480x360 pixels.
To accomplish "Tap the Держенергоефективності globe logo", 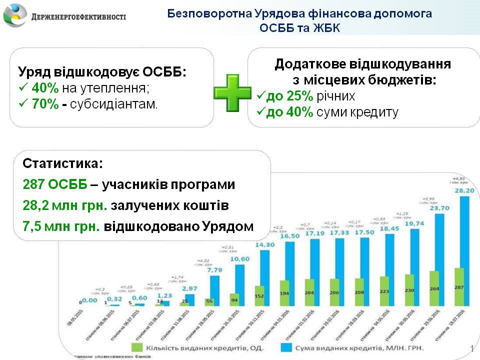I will pos(15,15).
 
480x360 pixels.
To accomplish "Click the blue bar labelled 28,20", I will pos(464,250).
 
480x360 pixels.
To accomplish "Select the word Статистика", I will pos(62,164).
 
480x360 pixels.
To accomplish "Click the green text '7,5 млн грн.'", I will pos(61,226).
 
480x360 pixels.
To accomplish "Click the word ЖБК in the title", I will pos(325,28).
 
